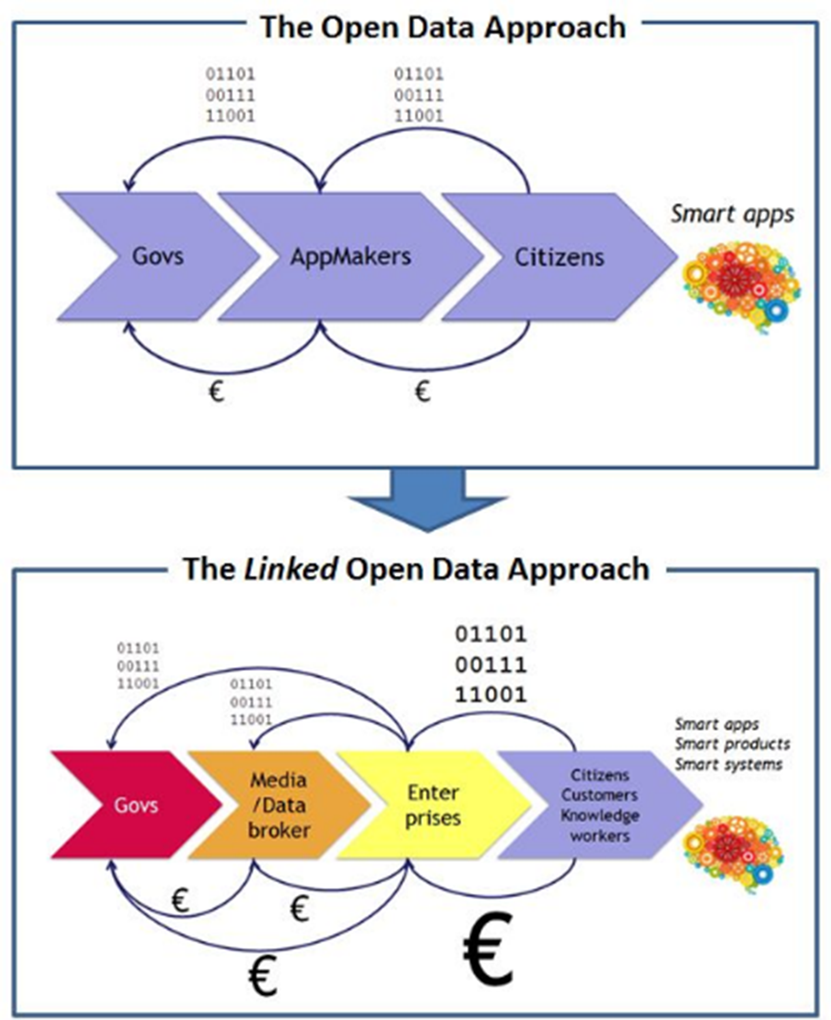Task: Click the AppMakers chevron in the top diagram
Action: click(x=350, y=257)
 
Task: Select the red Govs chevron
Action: click(x=135, y=805)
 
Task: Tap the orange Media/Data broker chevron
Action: click(x=279, y=805)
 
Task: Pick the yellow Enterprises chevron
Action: click(x=433, y=805)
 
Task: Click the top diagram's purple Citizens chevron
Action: click(x=559, y=257)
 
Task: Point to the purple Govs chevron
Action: click(x=157, y=257)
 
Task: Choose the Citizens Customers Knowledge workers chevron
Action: click(x=599, y=805)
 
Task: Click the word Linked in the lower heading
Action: click(x=290, y=569)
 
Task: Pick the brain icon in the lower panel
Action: click(x=733, y=853)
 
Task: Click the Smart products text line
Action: click(x=732, y=744)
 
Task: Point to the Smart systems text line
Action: click(x=728, y=764)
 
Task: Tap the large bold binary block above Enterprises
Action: click(x=491, y=664)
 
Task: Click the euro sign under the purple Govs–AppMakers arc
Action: click(x=216, y=391)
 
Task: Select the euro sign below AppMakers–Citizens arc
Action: click(x=422, y=391)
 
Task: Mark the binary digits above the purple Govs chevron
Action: click(x=230, y=95)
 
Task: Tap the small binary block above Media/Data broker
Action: click(x=250, y=702)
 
